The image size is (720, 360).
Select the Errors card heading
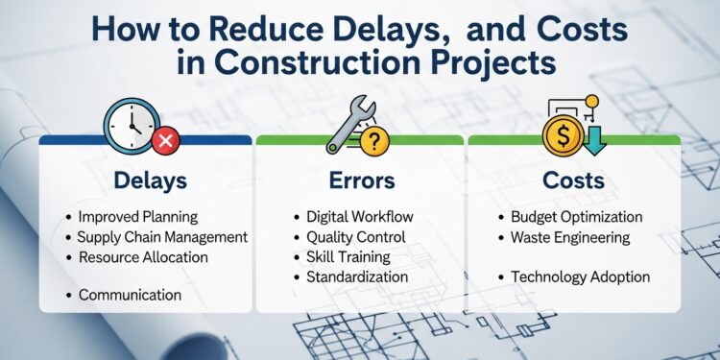359,180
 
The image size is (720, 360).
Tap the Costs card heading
573,180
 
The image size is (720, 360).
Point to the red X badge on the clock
166,142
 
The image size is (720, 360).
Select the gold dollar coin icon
562,132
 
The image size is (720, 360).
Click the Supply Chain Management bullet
162,236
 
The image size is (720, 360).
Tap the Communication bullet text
130,295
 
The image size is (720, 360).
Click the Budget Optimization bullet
576,217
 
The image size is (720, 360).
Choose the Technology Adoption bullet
580,276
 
